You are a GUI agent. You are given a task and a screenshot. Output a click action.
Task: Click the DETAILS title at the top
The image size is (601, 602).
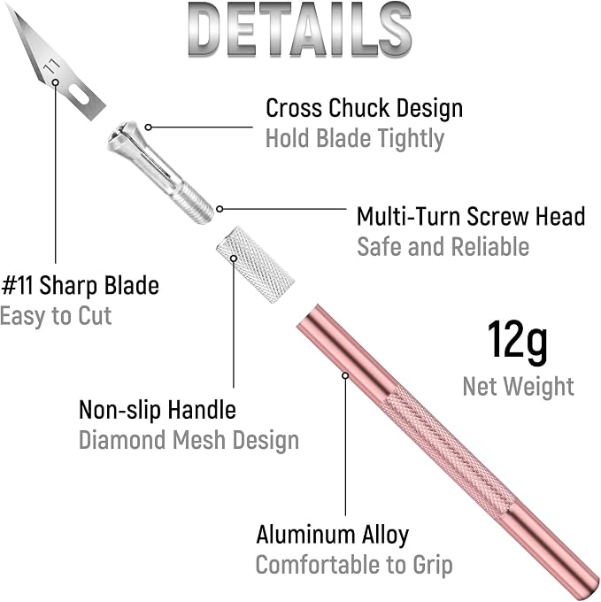point(300,31)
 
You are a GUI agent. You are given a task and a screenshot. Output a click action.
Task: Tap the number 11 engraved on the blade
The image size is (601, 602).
point(51,66)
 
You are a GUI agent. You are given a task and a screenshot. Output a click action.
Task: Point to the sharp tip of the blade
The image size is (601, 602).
point(9,8)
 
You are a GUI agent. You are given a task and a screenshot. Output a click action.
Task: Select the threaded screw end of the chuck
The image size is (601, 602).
point(193,203)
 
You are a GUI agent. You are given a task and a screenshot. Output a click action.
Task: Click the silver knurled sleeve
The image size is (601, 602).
point(255,265)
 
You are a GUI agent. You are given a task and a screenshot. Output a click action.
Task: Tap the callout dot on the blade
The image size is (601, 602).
point(56,82)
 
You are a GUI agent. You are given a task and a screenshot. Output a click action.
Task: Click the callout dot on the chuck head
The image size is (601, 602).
point(149,127)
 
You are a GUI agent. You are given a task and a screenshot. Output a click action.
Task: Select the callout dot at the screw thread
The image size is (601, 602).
point(220,209)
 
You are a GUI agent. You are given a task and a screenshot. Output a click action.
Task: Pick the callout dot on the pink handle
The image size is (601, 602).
point(345,375)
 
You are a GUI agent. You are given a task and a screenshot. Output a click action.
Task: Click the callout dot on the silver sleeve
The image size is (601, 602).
point(234,259)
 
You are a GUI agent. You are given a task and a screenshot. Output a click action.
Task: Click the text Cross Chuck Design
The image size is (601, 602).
point(364,108)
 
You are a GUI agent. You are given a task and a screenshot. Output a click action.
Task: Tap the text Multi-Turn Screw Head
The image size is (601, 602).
point(471,216)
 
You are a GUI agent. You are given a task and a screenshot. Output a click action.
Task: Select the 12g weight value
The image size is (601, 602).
point(517,343)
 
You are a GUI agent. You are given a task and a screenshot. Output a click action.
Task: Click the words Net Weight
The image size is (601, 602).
point(518,386)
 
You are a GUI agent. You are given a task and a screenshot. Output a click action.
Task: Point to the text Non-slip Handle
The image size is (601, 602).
point(158,410)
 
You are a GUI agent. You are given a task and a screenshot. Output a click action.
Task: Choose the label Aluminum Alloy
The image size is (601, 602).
point(333,535)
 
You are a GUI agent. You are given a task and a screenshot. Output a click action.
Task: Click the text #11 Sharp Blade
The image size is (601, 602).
point(81,286)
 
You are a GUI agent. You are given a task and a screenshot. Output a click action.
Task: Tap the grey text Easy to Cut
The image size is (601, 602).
point(56,316)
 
